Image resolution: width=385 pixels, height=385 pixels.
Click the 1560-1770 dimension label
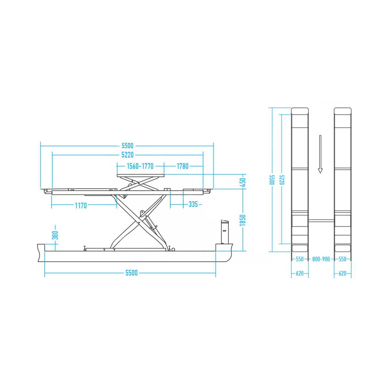pos(140,166)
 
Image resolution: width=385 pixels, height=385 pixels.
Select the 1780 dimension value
pos(183,166)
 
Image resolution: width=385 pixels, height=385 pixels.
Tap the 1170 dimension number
pos(81,205)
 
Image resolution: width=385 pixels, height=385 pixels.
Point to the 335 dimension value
pos(193,204)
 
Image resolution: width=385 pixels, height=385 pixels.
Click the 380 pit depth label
pos(56,235)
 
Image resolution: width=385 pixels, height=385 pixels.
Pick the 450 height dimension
pos(243,182)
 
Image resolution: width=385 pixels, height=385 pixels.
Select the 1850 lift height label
pos(243,220)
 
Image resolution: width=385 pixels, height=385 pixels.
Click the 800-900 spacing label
pos(321,259)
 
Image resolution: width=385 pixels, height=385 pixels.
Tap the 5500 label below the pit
pos(131,273)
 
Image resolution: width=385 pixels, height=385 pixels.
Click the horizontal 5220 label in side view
pos(128,155)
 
